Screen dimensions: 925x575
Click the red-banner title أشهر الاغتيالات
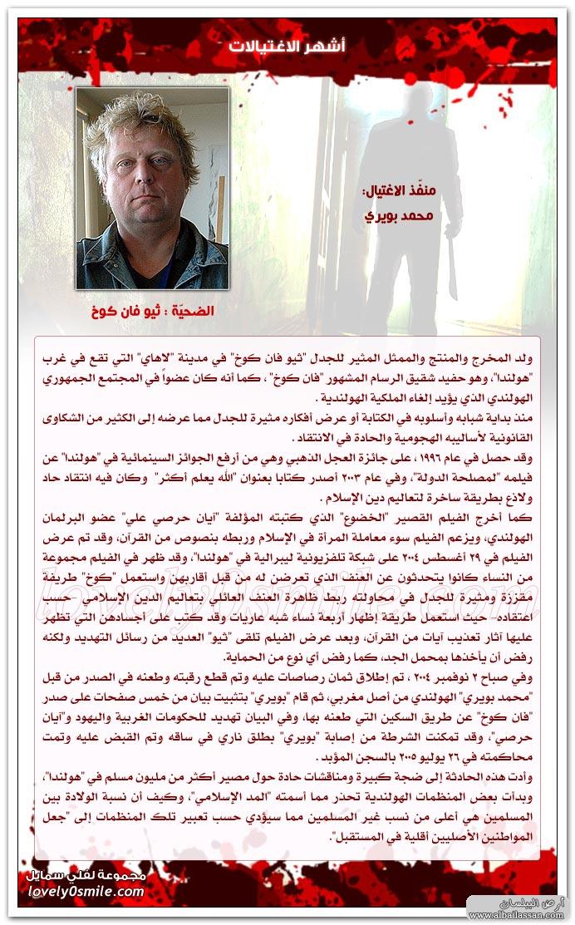pyautogui.click(x=287, y=47)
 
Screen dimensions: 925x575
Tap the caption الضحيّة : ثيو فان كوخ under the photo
pyautogui.click(x=152, y=312)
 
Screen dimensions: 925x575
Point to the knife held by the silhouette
pyautogui.click(x=451, y=270)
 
